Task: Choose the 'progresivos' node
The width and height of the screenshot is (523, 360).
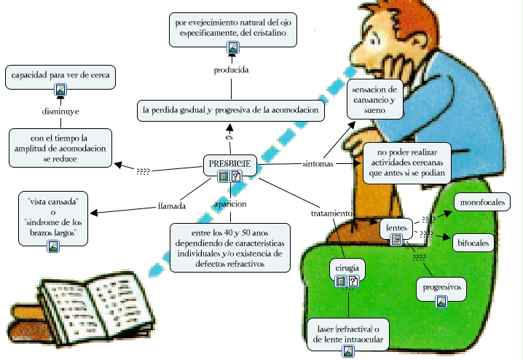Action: click(441, 287)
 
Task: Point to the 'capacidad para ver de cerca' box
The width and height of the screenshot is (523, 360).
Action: click(60, 75)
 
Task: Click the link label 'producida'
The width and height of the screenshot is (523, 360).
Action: click(232, 71)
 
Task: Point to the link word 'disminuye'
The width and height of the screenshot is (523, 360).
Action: click(60, 111)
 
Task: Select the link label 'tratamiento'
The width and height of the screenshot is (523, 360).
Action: click(331, 214)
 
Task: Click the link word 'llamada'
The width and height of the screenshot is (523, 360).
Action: click(172, 206)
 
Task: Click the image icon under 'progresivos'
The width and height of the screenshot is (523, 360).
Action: click(441, 300)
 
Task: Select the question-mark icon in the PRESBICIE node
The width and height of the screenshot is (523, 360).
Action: click(236, 176)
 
